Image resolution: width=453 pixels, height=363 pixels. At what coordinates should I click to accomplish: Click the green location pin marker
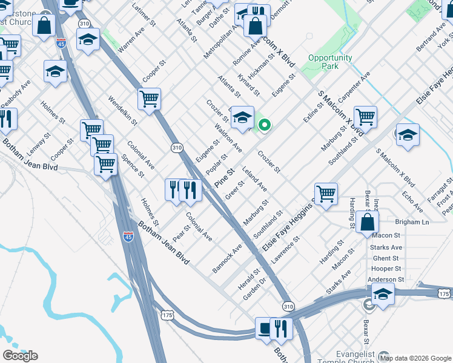tap(265, 125)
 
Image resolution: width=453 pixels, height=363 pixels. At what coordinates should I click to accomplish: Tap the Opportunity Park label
tap(330, 62)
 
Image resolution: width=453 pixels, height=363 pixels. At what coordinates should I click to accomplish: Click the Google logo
tap(20, 356)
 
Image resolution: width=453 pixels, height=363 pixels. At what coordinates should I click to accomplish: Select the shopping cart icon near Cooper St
tap(149, 99)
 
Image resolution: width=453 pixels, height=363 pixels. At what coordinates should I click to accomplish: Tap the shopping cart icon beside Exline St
tap(365, 117)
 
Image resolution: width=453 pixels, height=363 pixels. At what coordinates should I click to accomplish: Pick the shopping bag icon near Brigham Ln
tap(368, 222)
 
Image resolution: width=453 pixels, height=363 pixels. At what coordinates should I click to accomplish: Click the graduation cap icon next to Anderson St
tap(383, 295)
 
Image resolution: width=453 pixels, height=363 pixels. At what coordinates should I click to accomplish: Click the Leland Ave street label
tap(254, 179)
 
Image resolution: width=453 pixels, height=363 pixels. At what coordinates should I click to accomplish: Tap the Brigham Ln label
tap(412, 222)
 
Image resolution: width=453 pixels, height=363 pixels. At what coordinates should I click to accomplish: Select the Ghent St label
tap(387, 258)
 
